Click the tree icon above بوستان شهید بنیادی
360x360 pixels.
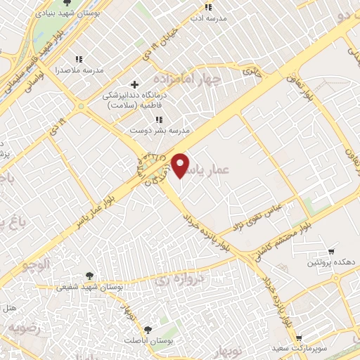click(x=67, y=4)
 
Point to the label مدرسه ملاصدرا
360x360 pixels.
click(x=79, y=71)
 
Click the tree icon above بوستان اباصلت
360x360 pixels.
click(x=148, y=330)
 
